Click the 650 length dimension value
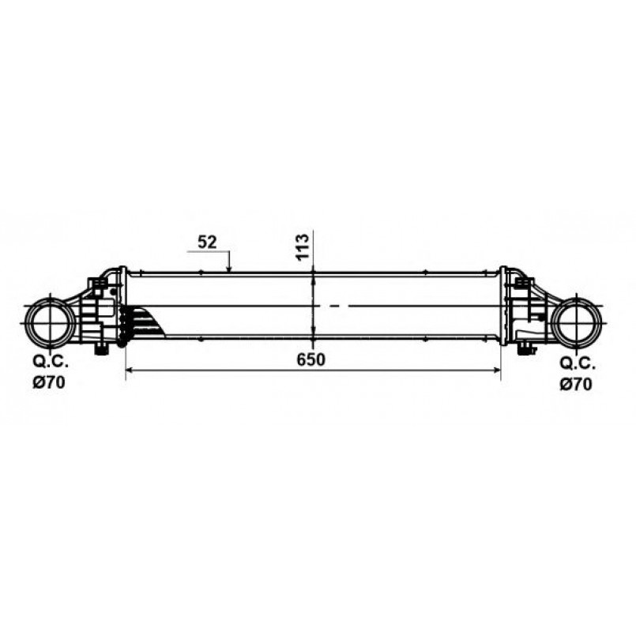tap(310, 359)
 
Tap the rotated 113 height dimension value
tap(303, 246)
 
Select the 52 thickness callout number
tap(207, 242)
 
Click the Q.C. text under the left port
tap(51, 362)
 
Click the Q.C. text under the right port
tap(578, 364)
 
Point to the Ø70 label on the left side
tap(49, 382)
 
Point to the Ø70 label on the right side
tap(576, 384)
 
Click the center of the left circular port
tap(51, 323)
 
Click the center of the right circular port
tap(578, 323)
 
